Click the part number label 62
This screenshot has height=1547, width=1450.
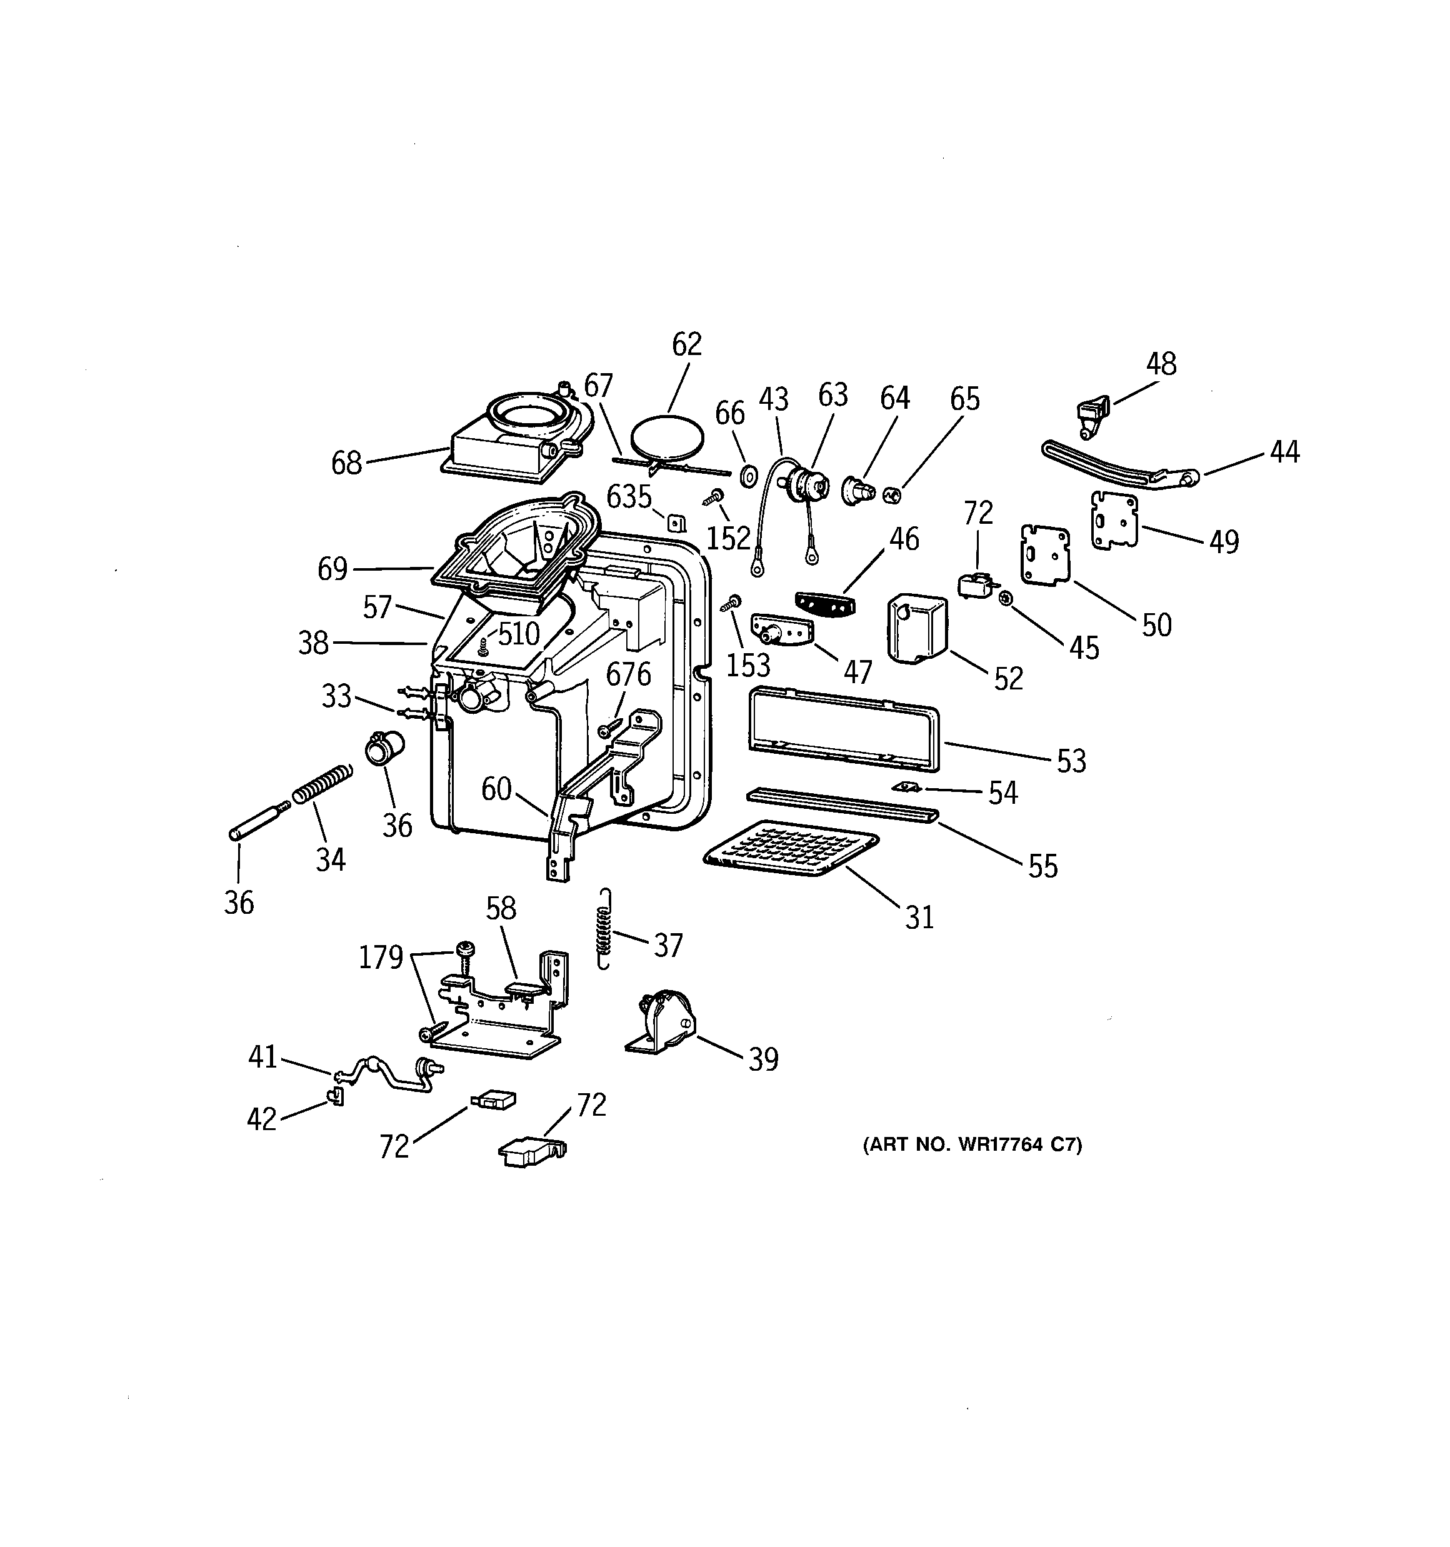[686, 344]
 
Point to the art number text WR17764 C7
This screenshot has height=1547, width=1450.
[972, 1144]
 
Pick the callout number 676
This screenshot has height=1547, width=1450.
[628, 674]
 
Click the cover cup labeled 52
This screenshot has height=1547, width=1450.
[917, 629]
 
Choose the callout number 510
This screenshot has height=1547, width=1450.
[518, 634]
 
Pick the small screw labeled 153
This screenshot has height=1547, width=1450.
[731, 603]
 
